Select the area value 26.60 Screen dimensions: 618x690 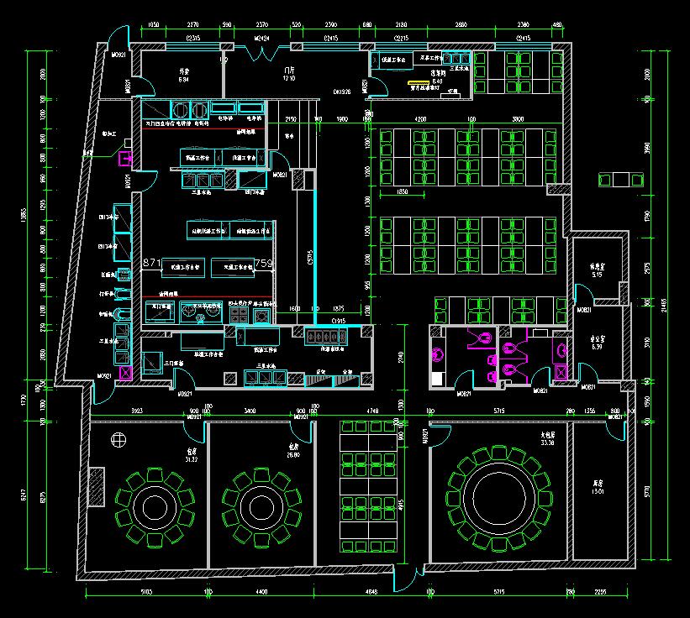point(294,454)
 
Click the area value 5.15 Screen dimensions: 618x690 point(598,275)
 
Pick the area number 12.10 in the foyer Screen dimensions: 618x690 point(290,78)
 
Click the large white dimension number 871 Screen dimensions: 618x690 point(151,264)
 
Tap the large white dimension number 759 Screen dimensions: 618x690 point(263,264)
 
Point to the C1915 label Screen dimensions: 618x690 point(339,321)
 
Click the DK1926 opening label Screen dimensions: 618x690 point(342,92)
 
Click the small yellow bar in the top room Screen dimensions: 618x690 point(414,83)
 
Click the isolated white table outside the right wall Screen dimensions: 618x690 point(620,179)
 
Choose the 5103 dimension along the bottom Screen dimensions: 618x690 point(145,592)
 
